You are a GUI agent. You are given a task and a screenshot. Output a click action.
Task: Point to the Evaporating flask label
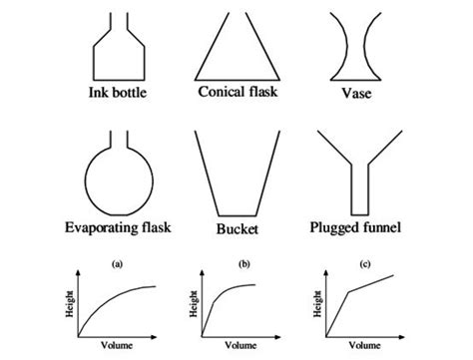coord(118,228)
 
